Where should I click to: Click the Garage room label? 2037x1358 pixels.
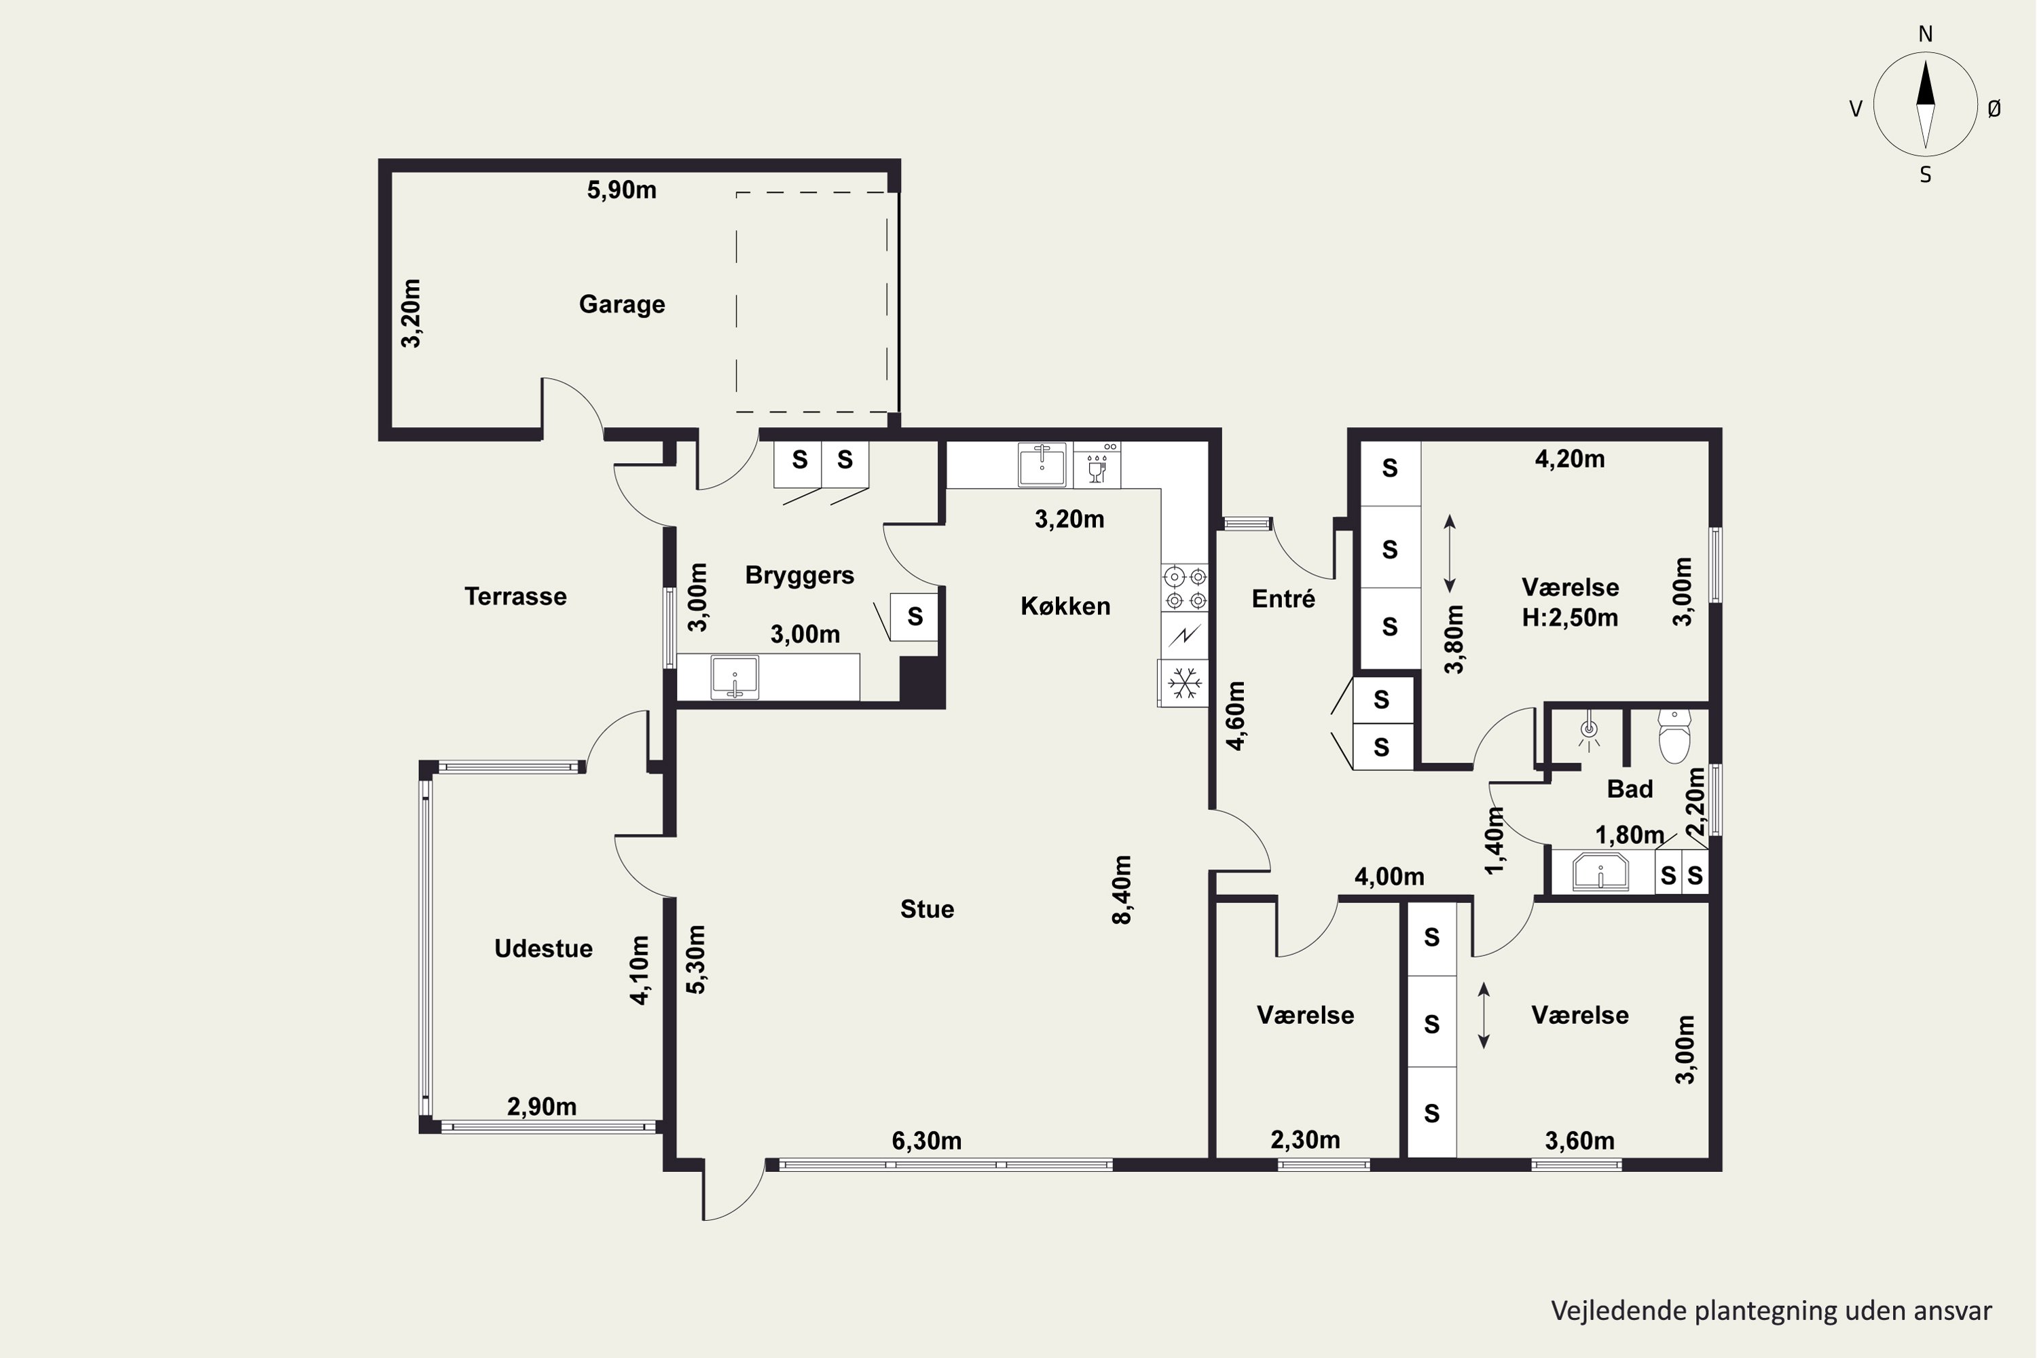(622, 304)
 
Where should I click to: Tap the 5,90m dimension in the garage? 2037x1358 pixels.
(622, 189)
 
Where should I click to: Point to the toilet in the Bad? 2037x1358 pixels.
(1674, 736)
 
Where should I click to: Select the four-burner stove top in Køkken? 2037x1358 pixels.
(1186, 588)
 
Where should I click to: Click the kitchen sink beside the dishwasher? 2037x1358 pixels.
(1042, 465)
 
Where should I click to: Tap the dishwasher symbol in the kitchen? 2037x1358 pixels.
(1097, 465)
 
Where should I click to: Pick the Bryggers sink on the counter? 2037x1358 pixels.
(735, 676)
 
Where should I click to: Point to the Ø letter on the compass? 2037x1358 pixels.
(1995, 108)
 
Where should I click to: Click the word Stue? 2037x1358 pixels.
(927, 909)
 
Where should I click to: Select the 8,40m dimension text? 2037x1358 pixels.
(1122, 890)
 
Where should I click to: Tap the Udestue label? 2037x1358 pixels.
(543, 949)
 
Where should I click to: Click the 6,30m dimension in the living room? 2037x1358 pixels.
(927, 1141)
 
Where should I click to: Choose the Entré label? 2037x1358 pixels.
(1283, 598)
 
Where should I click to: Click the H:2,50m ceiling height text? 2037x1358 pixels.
(1570, 617)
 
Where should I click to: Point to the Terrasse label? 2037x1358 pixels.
(515, 596)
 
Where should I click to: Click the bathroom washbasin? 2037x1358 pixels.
(1600, 871)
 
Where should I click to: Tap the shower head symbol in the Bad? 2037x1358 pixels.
(1588, 733)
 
